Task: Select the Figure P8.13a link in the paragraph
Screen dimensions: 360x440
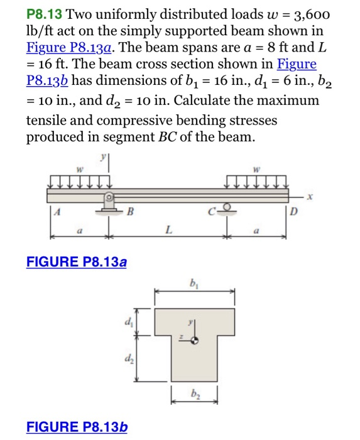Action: pos(64,48)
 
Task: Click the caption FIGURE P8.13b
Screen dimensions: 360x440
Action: pos(77,427)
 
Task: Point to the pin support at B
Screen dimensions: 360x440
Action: pos(108,204)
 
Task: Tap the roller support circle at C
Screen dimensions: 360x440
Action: pos(227,207)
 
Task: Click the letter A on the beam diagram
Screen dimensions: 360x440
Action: pos(58,212)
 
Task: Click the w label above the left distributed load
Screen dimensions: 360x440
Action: pos(79,170)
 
